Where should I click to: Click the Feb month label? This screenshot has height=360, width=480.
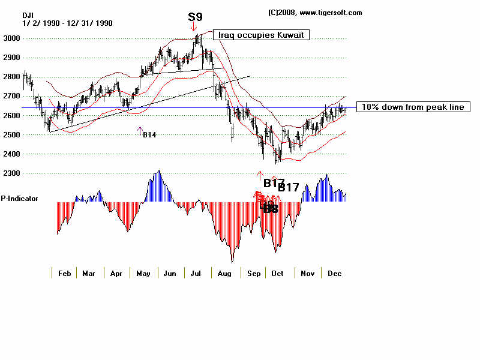pyautogui.click(x=65, y=273)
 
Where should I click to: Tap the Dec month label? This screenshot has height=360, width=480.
pyautogui.click(x=334, y=273)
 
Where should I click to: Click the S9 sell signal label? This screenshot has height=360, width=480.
pyautogui.click(x=195, y=17)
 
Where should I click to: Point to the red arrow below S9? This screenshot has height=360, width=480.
pyautogui.click(x=194, y=27)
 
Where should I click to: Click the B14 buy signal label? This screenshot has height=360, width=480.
pyautogui.click(x=149, y=135)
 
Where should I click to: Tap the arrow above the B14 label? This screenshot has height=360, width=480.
pyautogui.click(x=140, y=130)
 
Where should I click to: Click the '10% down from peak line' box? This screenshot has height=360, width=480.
pyautogui.click(x=413, y=107)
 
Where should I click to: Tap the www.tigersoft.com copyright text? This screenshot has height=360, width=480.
pyautogui.click(x=314, y=13)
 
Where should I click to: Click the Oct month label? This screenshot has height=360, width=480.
pyautogui.click(x=277, y=273)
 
